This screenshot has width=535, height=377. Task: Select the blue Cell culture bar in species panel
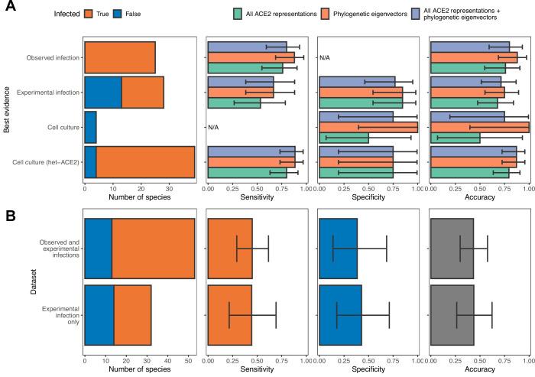click(89, 127)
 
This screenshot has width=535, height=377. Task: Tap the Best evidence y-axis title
click(7, 109)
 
